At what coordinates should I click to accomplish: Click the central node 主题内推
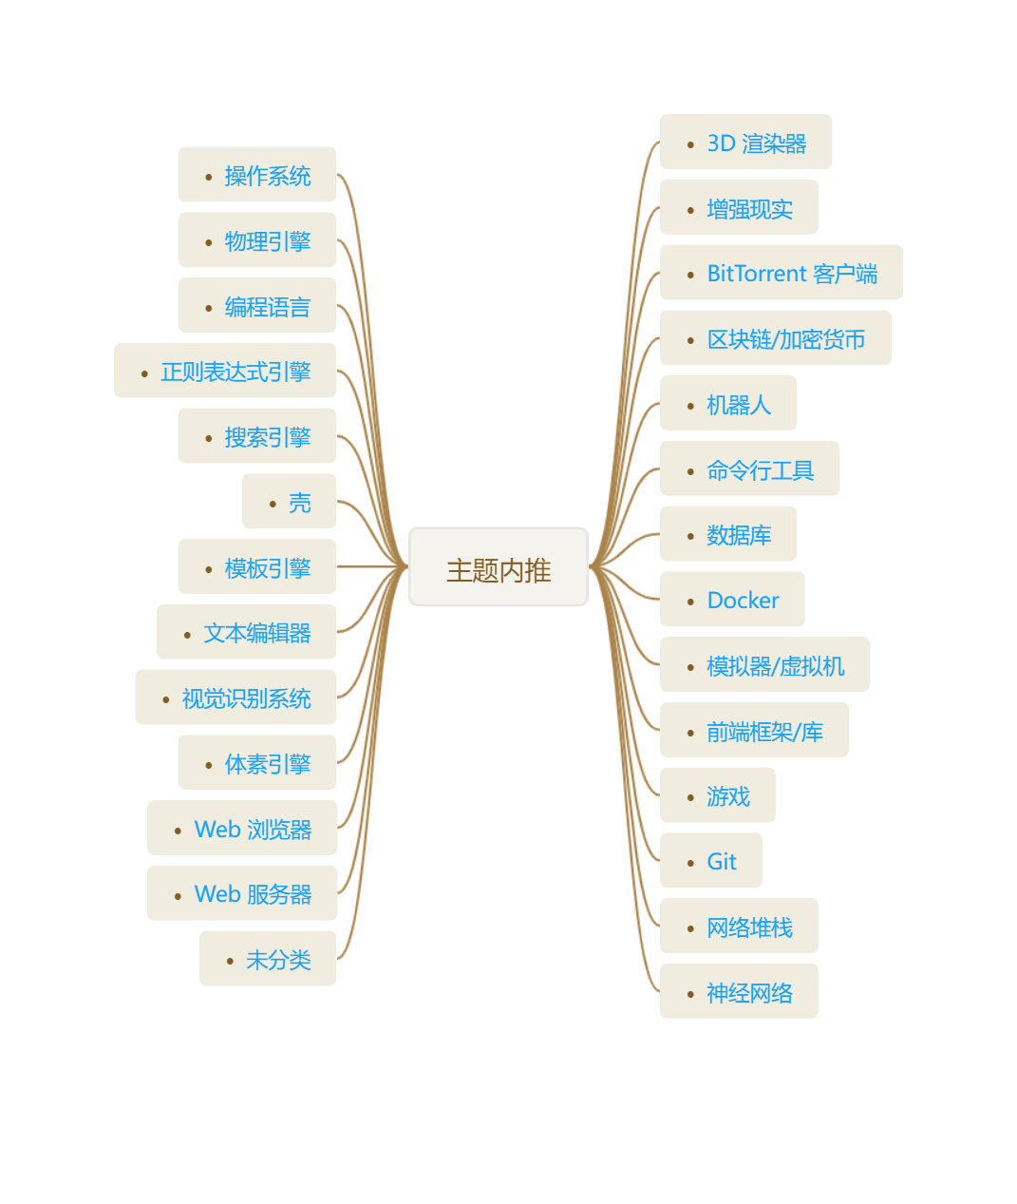click(499, 566)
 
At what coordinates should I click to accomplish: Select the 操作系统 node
click(257, 174)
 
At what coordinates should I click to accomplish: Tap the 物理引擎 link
click(268, 241)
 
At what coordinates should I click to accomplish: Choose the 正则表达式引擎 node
click(225, 371)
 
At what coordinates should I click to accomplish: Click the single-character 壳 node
click(290, 501)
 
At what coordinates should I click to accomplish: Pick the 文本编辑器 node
click(247, 631)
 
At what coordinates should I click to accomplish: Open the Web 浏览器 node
click(242, 828)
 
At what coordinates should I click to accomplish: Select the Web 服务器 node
click(242, 893)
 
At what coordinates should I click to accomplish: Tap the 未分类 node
click(268, 958)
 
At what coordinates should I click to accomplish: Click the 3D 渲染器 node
click(745, 142)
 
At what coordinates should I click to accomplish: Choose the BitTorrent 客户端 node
click(782, 272)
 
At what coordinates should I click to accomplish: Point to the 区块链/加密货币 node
click(776, 338)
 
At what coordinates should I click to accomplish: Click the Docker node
click(732, 599)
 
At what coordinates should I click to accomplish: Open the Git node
click(711, 860)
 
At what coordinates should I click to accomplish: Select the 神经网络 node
click(739, 991)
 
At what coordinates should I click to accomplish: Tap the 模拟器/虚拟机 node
click(765, 664)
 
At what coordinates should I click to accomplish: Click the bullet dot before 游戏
click(690, 797)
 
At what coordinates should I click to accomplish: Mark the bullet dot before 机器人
click(690, 406)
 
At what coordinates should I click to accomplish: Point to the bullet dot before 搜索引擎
click(208, 439)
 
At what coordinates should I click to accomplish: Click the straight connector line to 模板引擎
click(372, 566)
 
